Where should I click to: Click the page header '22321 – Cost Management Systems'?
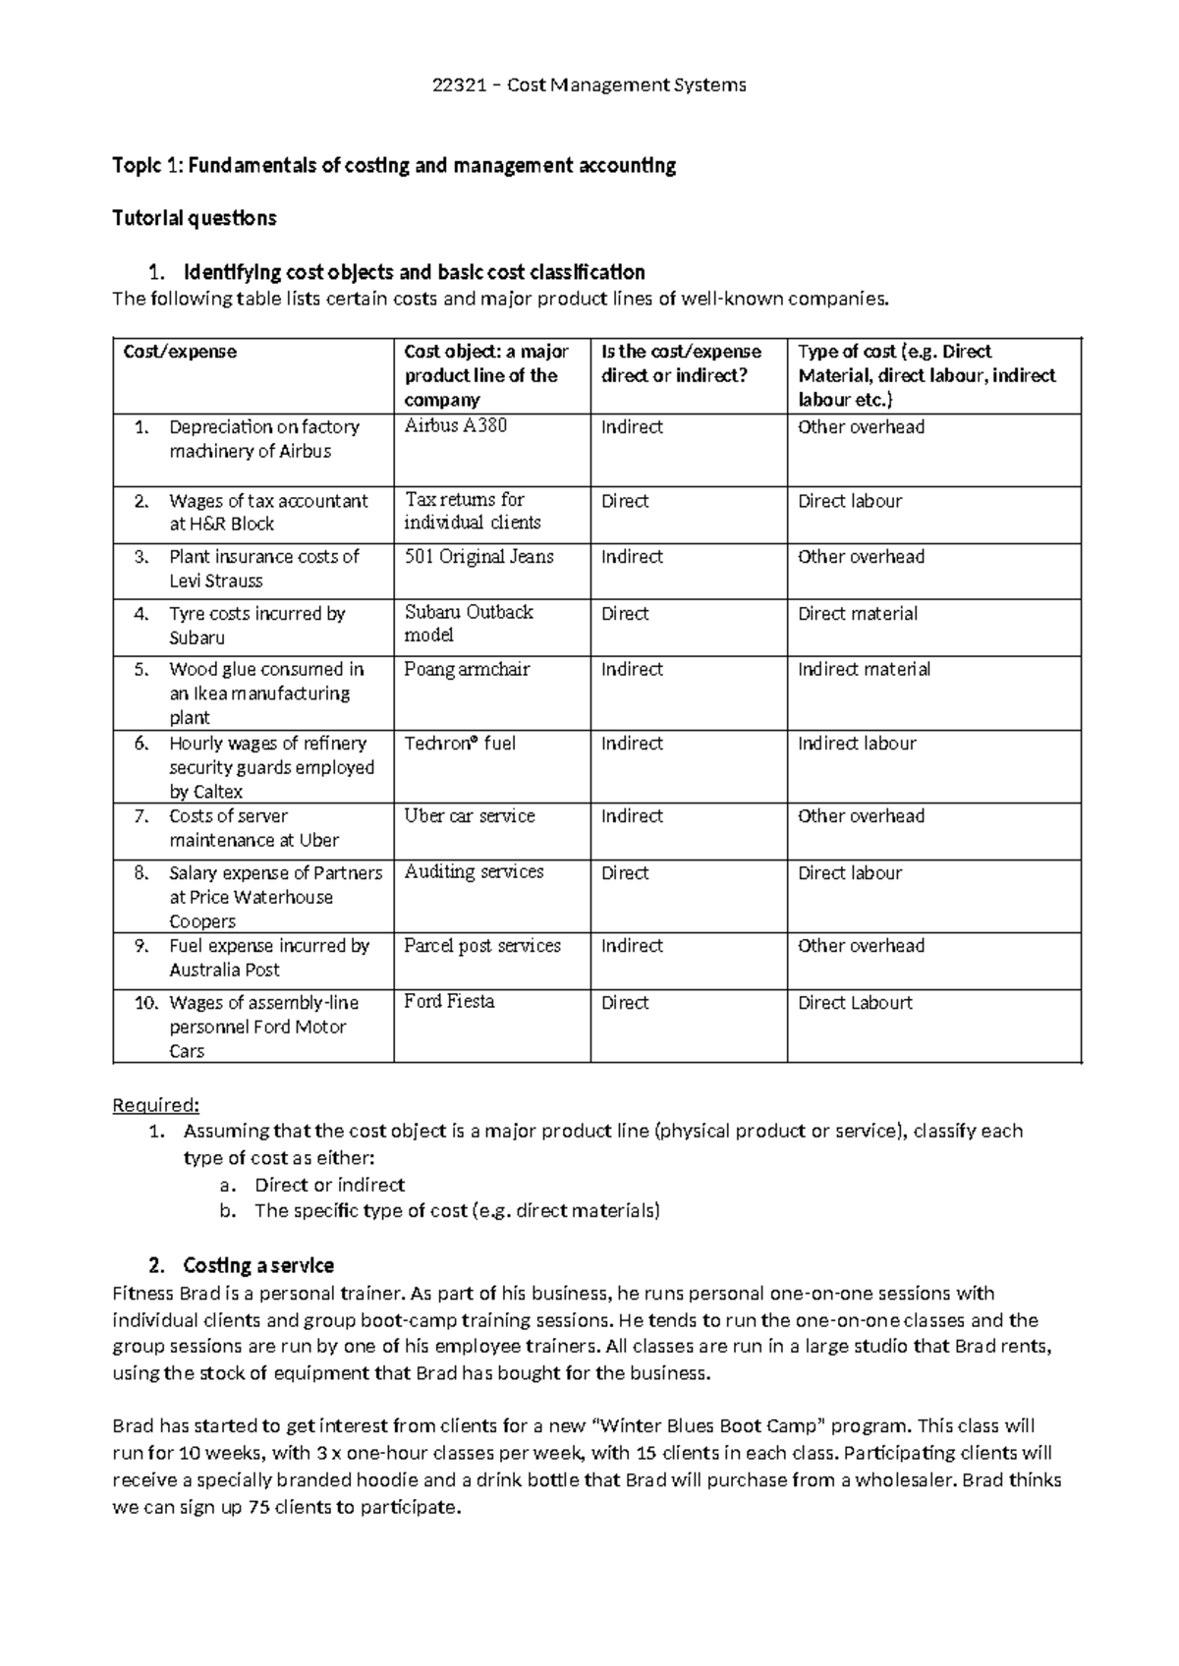click(589, 85)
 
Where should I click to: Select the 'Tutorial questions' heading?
click(195, 218)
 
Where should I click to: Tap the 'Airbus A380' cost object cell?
click(456, 426)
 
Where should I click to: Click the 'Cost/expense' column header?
click(180, 352)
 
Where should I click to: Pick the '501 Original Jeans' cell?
click(478, 557)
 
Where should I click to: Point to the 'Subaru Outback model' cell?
click(469, 624)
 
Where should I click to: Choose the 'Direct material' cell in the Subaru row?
click(858, 614)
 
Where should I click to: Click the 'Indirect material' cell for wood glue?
click(864, 670)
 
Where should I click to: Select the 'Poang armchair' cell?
click(467, 670)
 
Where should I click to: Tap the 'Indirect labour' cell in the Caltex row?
click(857, 744)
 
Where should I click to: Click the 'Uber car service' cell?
click(470, 816)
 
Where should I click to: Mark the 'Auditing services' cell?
click(474, 872)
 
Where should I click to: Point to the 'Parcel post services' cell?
click(482, 946)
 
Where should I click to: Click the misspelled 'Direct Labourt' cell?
click(855, 1003)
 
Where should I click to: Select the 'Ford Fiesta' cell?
click(449, 1002)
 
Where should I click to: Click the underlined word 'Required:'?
click(155, 1105)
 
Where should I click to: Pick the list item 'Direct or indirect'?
click(329, 1185)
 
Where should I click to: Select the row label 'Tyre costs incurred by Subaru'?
click(256, 626)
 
